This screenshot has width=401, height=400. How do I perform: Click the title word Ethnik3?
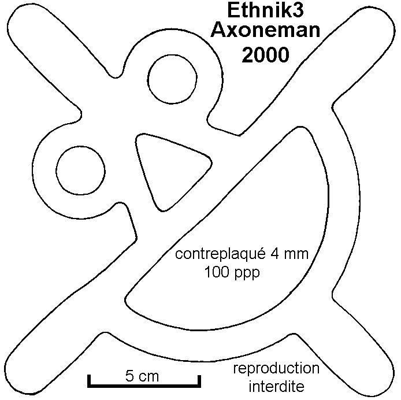(x=265, y=10)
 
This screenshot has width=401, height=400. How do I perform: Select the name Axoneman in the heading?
(x=265, y=30)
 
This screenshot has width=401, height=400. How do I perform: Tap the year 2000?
(x=265, y=55)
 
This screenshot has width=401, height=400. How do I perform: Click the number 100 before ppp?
(x=217, y=272)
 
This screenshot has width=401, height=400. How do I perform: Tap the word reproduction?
(x=276, y=369)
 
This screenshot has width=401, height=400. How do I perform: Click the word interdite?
(x=276, y=386)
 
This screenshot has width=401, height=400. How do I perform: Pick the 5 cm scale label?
(x=142, y=376)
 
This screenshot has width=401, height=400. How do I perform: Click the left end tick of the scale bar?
(x=89, y=381)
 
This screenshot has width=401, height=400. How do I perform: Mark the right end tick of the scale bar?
(x=199, y=381)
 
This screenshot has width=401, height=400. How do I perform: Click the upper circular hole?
(x=172, y=79)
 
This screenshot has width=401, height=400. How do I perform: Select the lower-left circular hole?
(x=80, y=171)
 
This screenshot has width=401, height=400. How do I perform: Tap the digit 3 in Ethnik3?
(x=298, y=10)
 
